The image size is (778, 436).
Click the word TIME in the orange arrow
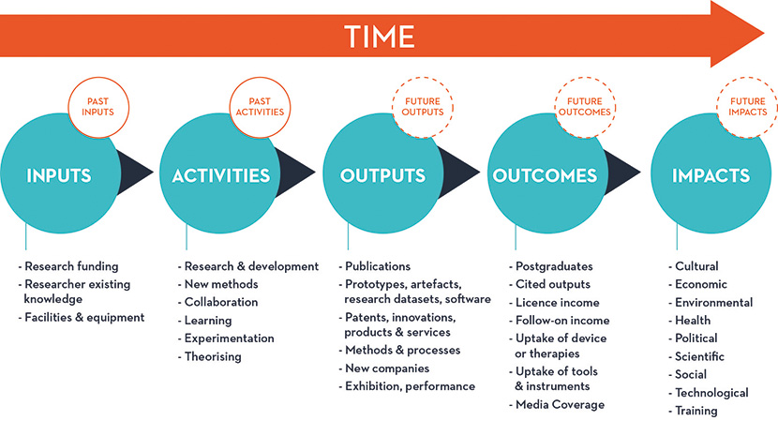pos(380,37)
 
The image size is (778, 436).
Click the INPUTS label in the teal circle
pos(59,175)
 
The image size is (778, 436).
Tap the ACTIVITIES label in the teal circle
pos(221,175)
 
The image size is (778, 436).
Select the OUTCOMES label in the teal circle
pos(545,175)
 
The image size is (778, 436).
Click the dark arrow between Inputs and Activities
pos(135,173)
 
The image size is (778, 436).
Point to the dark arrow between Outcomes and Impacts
pos(622,173)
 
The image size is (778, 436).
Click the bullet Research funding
pos(68,266)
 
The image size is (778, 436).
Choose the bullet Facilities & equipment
pos(82,318)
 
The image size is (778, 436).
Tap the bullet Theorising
pos(210,357)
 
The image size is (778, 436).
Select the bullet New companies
pos(384,368)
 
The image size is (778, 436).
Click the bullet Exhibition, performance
pos(407,386)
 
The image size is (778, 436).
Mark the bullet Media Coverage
pos(557,405)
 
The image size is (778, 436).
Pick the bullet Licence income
pos(554,303)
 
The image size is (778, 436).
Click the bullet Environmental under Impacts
pos(711,303)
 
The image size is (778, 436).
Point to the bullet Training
pos(693,411)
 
